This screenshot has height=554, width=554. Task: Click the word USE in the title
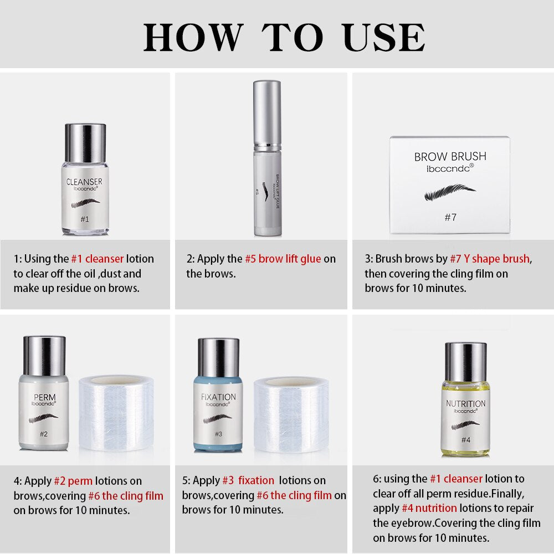click(x=384, y=38)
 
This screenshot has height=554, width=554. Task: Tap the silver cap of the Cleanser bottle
click(x=85, y=143)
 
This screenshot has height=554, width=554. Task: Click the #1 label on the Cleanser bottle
click(x=85, y=219)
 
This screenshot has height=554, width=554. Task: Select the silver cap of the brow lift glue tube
click(x=267, y=113)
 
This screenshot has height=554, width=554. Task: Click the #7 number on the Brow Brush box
click(x=450, y=217)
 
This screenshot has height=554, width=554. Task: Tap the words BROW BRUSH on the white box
click(x=450, y=157)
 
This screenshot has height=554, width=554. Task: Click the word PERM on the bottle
click(x=44, y=397)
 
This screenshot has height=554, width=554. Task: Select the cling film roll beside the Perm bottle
click(x=116, y=413)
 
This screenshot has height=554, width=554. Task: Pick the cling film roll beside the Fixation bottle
click(x=291, y=414)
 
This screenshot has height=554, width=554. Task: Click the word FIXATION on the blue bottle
click(x=218, y=397)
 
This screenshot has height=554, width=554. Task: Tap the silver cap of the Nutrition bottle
click(x=466, y=362)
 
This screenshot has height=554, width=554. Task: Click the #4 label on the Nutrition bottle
click(x=466, y=440)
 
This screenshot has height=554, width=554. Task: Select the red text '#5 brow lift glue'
click(x=283, y=259)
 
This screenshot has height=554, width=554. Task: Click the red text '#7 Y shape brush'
click(x=490, y=259)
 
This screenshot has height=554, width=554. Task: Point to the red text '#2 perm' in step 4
click(x=73, y=481)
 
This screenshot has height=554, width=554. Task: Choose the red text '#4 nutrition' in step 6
click(x=429, y=508)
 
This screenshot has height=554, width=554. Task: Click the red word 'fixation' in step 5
click(x=256, y=480)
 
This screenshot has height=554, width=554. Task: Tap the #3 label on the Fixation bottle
click(x=219, y=434)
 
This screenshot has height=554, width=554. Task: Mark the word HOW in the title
click(x=193, y=38)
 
